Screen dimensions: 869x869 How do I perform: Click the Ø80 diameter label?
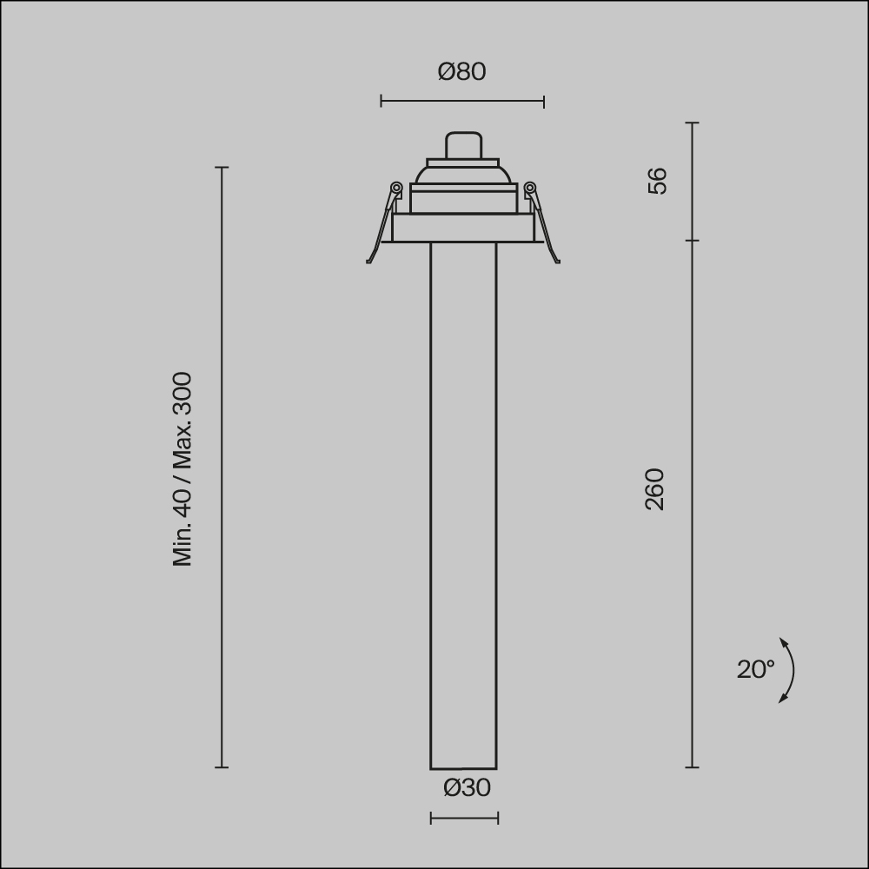461,71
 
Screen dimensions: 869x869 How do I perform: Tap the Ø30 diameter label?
467,787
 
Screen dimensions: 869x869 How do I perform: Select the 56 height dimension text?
658,181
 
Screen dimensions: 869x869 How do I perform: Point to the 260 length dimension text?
655,489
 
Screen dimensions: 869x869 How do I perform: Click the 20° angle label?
755,669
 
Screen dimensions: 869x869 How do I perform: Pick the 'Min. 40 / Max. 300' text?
182,469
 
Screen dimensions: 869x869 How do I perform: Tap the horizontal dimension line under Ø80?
462,101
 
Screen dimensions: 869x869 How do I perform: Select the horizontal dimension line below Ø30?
464,818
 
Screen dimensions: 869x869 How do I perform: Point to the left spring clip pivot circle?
396,188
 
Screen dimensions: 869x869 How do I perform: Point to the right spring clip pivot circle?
529,188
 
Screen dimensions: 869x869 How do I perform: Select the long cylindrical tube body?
463,504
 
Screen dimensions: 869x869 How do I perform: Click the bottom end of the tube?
463,767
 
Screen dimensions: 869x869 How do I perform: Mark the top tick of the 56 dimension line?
693,123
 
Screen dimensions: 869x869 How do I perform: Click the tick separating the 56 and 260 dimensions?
693,241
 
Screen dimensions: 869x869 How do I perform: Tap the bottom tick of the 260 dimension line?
693,767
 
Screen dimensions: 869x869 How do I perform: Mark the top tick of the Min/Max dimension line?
222,167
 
